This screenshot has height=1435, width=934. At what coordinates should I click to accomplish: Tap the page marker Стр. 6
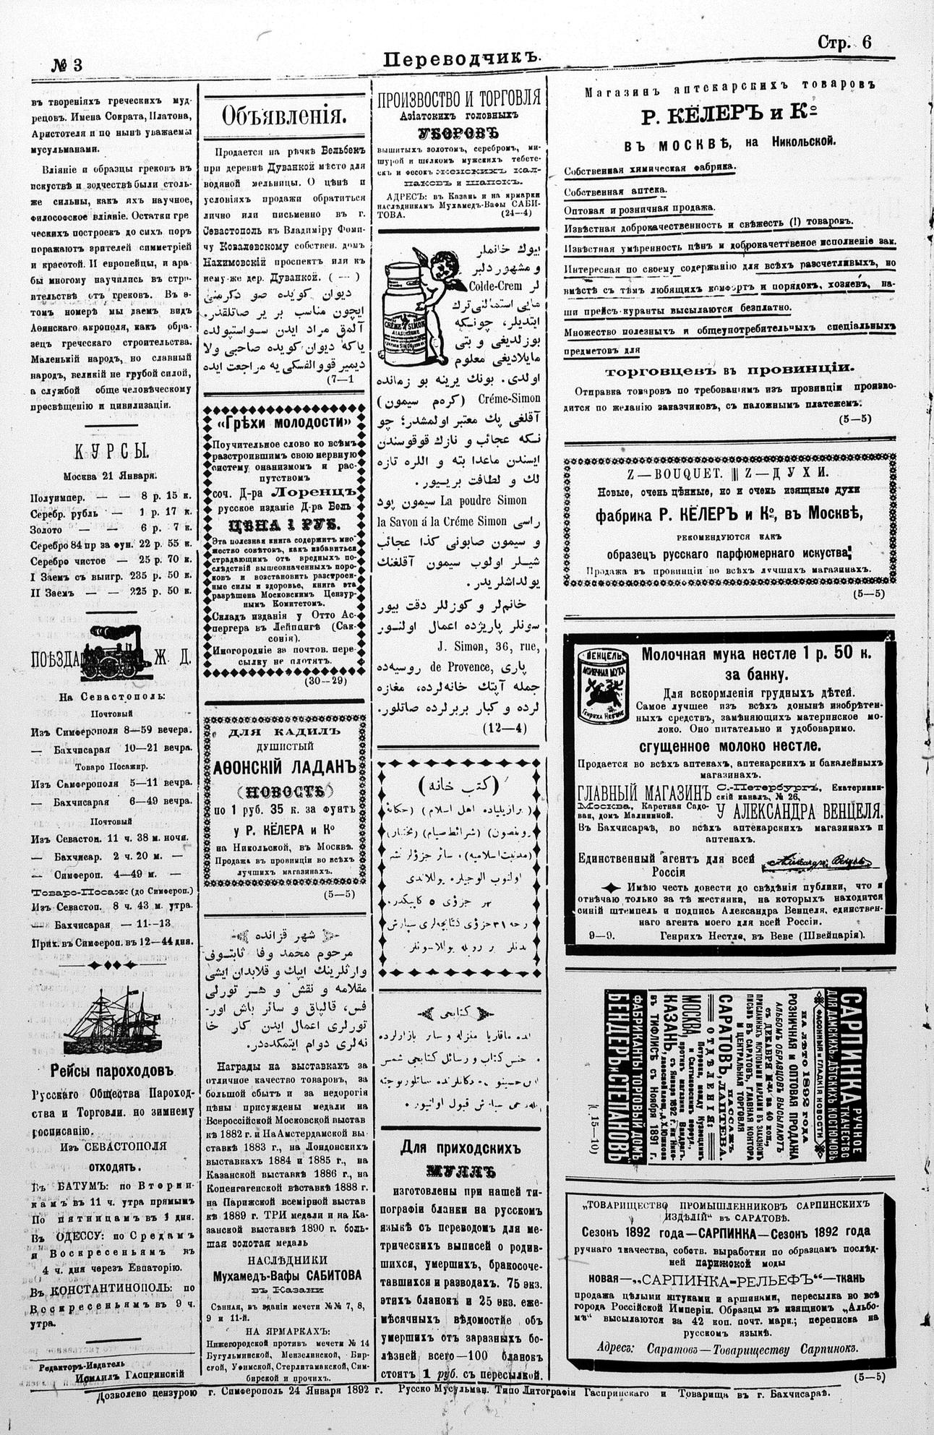(x=844, y=43)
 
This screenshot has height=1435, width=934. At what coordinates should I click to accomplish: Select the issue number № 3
(x=67, y=65)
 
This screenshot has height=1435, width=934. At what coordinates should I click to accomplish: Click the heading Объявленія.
(x=283, y=115)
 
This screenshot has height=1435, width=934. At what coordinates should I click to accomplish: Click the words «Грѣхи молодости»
(x=283, y=421)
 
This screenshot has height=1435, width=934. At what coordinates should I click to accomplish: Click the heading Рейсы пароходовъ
(x=112, y=1070)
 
